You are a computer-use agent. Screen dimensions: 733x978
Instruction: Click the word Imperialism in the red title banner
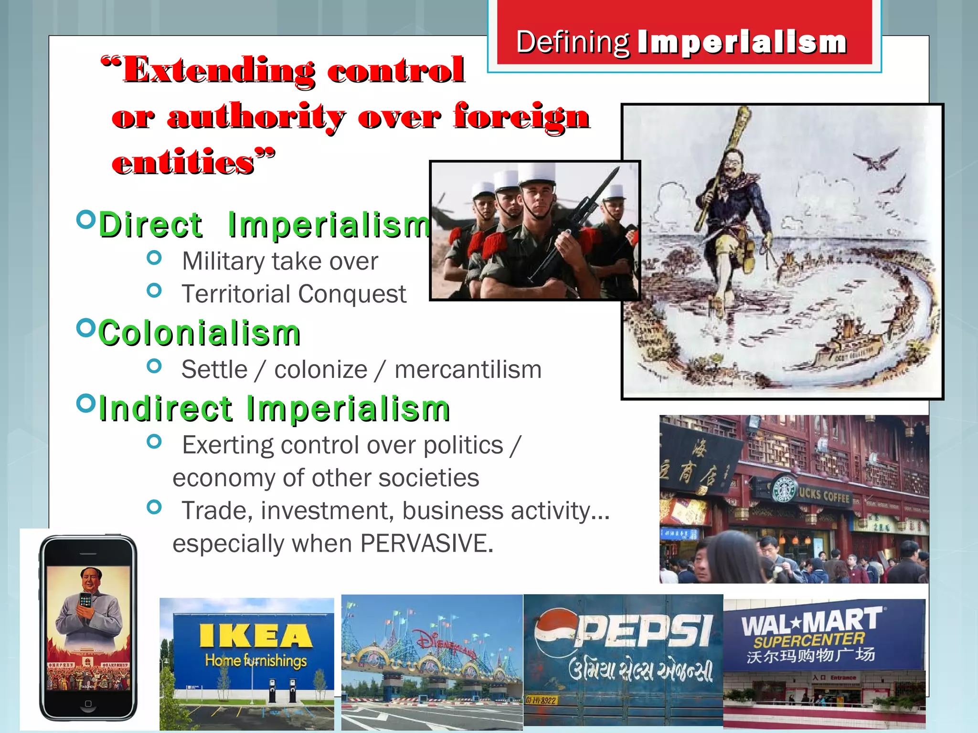tap(742, 42)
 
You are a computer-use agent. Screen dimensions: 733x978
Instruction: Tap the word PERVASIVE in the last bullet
tap(426, 543)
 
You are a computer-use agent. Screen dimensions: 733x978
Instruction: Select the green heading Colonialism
tap(200, 333)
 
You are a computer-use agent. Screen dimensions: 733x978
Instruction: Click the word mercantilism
tap(468, 370)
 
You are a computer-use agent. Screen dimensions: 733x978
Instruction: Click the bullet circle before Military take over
tap(154, 258)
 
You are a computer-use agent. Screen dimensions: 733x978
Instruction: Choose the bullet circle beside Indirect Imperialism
tap(86, 404)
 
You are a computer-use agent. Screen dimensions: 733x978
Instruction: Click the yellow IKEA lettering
tap(255, 636)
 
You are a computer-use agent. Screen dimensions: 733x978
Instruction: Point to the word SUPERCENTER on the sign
tap(809, 640)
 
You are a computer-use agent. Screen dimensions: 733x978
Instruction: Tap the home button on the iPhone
tap(88, 704)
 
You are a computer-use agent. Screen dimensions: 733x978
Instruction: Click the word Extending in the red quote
tap(219, 71)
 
